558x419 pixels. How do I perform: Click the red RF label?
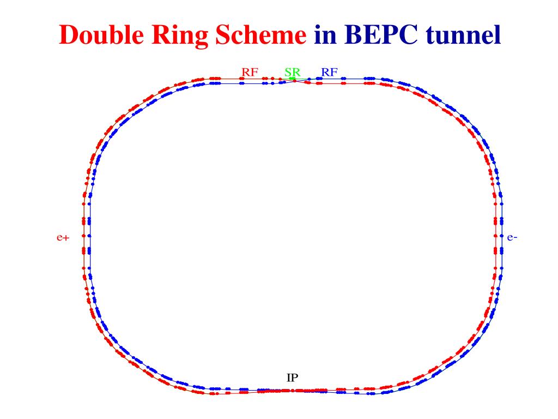click(x=250, y=72)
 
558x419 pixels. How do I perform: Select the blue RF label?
click(x=330, y=72)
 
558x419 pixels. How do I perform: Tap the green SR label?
click(x=292, y=72)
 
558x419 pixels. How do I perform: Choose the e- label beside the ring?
click(x=512, y=237)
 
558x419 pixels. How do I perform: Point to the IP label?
click(x=292, y=377)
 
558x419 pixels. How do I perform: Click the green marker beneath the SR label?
click(x=292, y=79)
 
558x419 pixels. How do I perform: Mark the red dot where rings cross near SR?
click(x=295, y=81)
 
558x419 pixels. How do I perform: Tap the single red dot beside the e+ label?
click(x=83, y=236)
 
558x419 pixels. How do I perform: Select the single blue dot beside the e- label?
click(x=502, y=236)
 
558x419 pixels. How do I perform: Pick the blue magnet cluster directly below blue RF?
click(x=319, y=79)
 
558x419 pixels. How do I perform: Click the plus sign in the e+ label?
click(x=66, y=238)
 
